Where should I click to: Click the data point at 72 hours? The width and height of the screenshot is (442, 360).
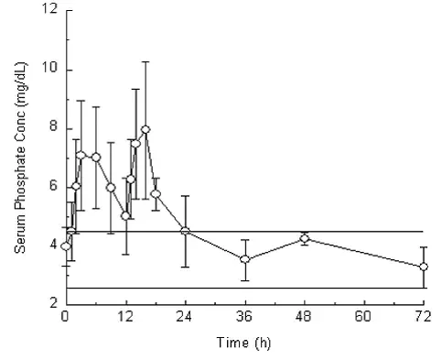tap(423, 267)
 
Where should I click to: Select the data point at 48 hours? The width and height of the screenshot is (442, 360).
tap(304, 238)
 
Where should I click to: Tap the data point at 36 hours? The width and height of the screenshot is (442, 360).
tap(244, 259)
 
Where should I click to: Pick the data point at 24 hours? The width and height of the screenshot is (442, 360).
tap(185, 231)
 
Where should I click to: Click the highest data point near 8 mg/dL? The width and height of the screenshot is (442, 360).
tap(145, 129)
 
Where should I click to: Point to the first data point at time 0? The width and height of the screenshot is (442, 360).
tap(66, 245)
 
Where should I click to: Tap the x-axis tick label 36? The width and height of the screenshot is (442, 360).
tap(244, 318)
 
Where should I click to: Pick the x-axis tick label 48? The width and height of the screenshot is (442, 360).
tap(304, 318)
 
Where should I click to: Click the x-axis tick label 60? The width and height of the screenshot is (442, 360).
tap(363, 318)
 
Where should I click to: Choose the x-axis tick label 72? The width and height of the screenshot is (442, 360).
tap(423, 318)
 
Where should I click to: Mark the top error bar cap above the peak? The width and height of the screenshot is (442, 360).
tap(145, 61)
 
